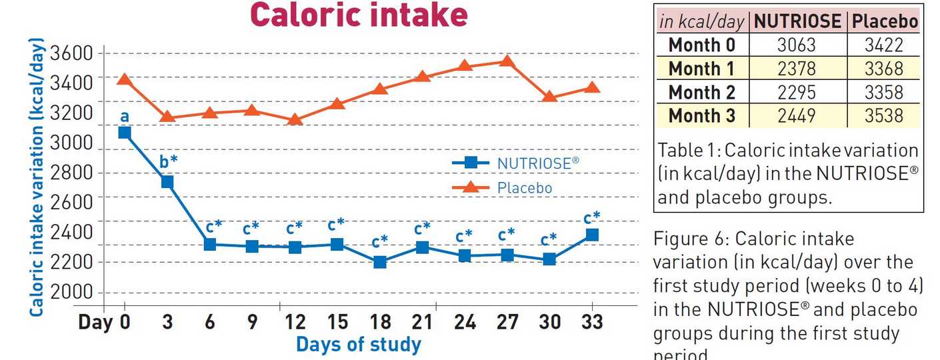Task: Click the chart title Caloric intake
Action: click(359, 15)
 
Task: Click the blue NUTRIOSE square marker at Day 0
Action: click(124, 132)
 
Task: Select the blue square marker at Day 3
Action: click(167, 182)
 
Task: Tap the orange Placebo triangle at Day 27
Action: click(507, 61)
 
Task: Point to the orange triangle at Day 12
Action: click(295, 119)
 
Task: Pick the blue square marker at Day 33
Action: click(591, 235)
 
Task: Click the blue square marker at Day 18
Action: click(380, 262)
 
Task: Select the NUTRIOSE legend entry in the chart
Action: click(513, 162)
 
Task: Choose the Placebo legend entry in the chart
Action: click(513, 188)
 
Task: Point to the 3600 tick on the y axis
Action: click(75, 53)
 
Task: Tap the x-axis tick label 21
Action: click(422, 322)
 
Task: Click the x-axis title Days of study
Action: click(359, 345)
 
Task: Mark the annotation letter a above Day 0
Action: click(124, 116)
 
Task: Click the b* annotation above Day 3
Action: click(168, 162)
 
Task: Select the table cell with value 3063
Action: click(797, 45)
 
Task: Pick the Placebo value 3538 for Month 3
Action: click(883, 115)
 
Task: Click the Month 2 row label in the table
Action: click(703, 92)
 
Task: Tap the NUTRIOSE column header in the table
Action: click(797, 21)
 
